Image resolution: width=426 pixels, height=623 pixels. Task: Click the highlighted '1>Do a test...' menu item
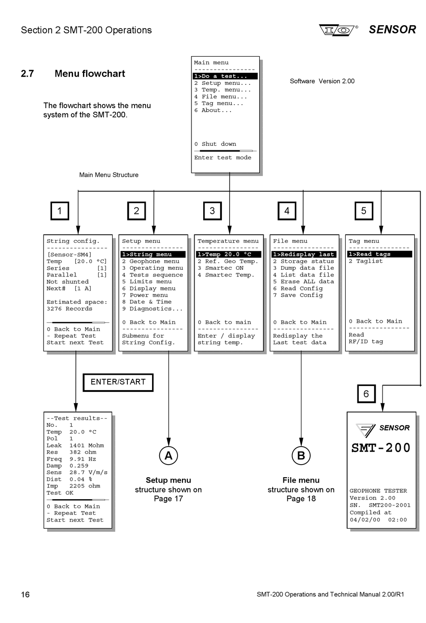click(225, 76)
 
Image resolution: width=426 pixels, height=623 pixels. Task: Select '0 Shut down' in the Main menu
click(215, 144)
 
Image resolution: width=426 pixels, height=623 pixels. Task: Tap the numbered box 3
click(212, 211)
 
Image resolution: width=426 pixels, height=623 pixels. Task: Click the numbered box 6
click(366, 394)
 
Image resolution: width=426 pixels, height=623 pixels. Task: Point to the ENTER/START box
click(118, 382)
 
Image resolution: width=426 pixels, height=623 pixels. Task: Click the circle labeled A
click(169, 456)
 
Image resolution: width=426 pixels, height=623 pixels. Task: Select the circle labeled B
click(301, 456)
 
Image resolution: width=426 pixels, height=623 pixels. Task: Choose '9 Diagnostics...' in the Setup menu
click(152, 309)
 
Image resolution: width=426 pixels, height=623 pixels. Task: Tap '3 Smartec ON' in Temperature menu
click(221, 268)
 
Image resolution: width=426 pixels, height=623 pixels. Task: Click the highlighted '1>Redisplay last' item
click(304, 254)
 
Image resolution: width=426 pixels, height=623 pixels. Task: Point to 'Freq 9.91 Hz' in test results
click(71, 459)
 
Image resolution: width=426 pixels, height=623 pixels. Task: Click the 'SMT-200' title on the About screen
click(381, 448)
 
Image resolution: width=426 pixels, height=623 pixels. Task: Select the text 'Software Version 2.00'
click(322, 81)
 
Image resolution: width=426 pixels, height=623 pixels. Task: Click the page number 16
click(25, 594)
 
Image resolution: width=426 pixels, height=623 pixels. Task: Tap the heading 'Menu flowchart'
click(90, 74)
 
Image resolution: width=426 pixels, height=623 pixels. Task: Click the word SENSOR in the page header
click(392, 30)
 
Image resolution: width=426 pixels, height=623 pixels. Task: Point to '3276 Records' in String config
click(69, 309)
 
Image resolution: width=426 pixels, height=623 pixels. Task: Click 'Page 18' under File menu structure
click(301, 499)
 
